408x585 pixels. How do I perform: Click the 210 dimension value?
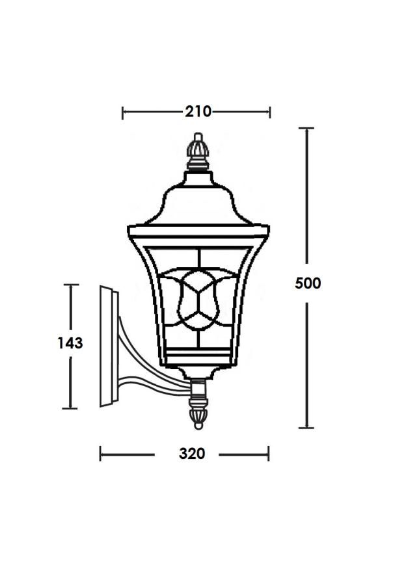198,111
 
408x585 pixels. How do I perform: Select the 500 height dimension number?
308,283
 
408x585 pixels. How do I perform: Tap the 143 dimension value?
70,343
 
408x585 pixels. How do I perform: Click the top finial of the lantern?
198,151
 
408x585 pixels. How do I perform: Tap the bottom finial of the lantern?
198,414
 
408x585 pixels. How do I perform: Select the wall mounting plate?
109,346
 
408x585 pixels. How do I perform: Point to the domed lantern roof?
198,200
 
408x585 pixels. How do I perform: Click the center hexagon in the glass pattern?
198,299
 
